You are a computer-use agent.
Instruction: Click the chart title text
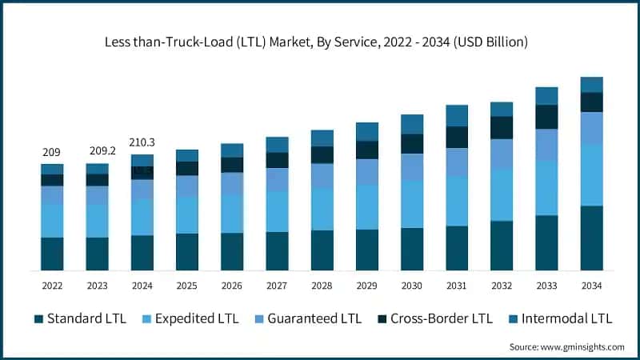pos(320,41)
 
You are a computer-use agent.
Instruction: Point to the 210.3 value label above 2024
pos(142,142)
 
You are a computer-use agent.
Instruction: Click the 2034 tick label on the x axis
pos(591,286)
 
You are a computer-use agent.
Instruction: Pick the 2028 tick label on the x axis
pos(322,286)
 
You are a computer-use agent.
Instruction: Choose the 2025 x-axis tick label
pos(186,286)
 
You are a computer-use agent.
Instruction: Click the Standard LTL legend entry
pos(80,318)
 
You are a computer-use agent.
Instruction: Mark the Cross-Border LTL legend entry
pos(433,318)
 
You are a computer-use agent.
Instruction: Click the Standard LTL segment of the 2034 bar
pos(591,238)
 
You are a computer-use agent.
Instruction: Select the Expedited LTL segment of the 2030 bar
pos(412,204)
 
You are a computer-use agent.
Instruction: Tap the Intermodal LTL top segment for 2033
pos(546,96)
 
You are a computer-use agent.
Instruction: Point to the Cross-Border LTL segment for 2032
pos(502,128)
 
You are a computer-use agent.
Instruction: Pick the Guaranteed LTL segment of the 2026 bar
pos(232,184)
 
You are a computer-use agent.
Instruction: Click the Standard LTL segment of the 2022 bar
pos(52,254)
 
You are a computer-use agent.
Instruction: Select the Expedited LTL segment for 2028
pos(322,210)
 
